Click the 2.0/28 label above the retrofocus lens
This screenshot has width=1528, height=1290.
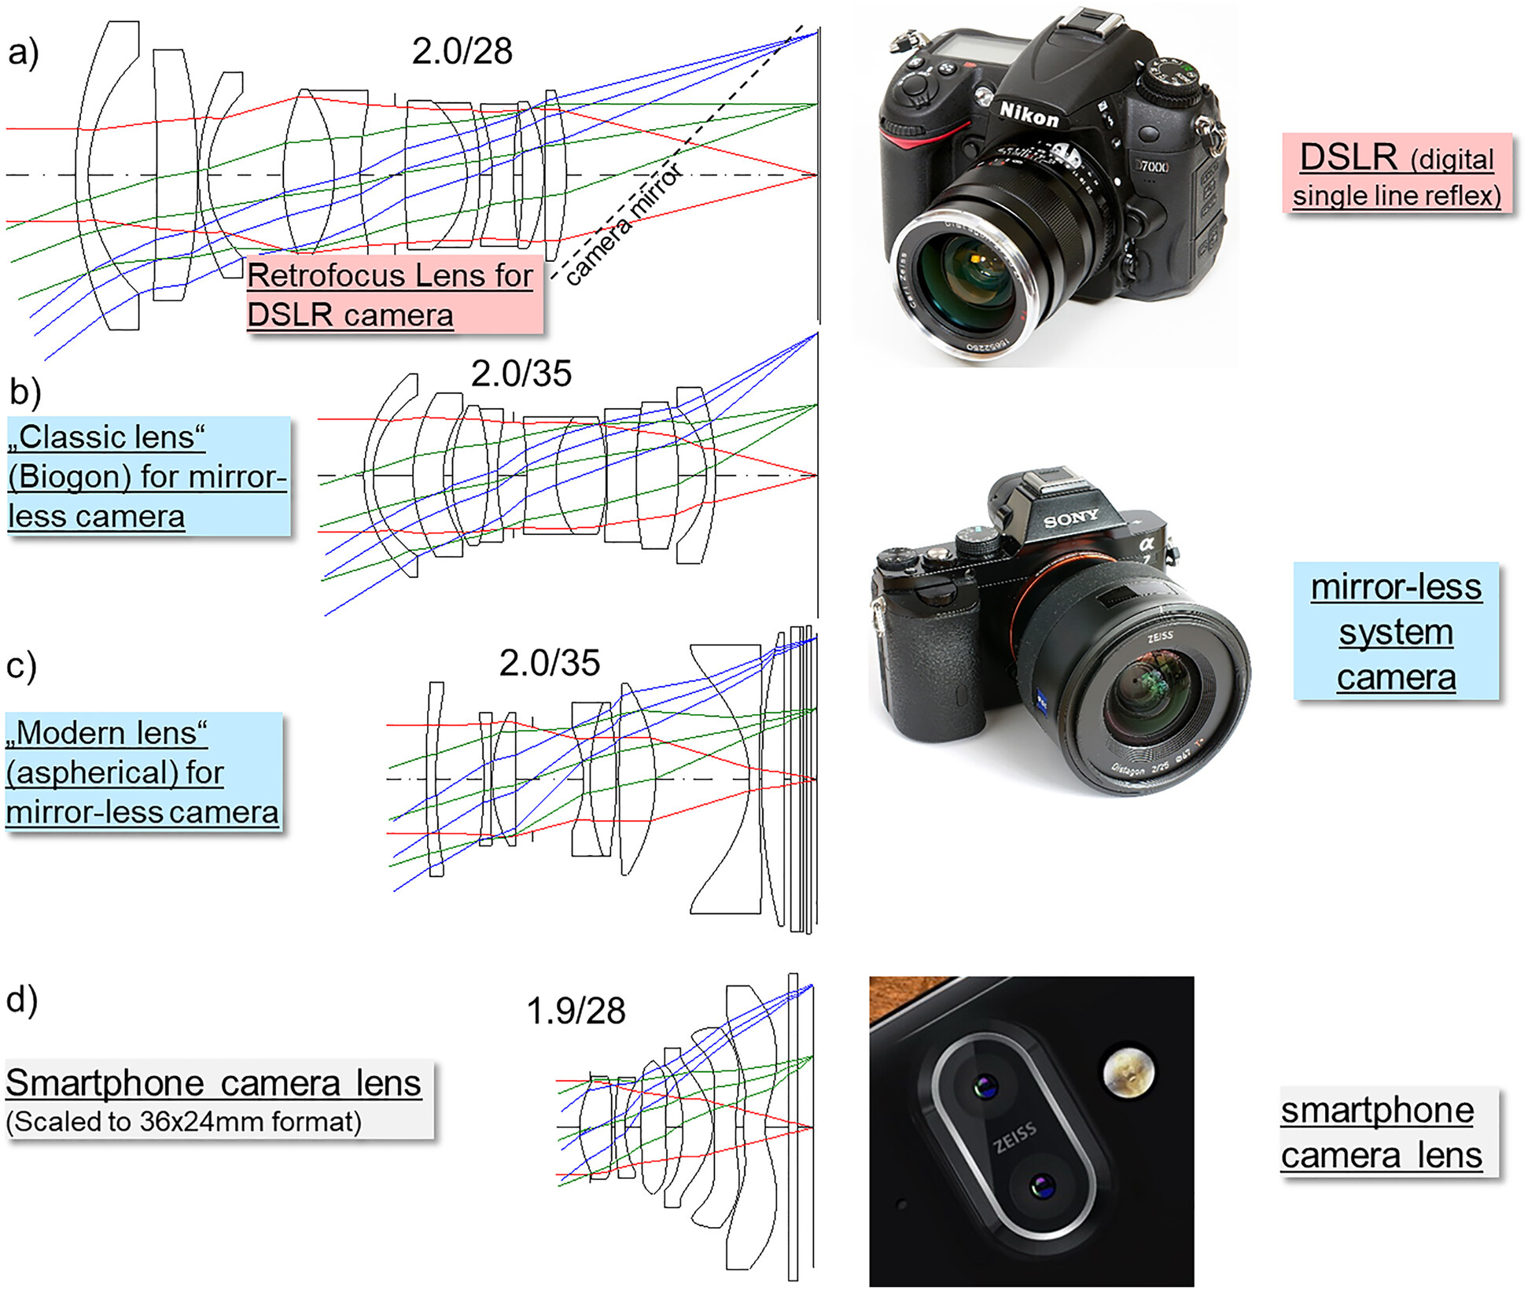[x=462, y=51]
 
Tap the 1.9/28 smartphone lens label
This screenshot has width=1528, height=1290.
[x=576, y=1011]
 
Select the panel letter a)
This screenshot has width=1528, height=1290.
[x=23, y=53]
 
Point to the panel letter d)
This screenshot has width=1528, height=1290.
[x=22, y=1000]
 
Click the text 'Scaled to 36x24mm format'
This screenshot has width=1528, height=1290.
[x=184, y=1122]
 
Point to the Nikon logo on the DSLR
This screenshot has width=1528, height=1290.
[x=1029, y=115]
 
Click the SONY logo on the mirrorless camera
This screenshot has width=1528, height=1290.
[x=1070, y=518]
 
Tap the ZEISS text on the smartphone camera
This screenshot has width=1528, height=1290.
[x=1014, y=1137]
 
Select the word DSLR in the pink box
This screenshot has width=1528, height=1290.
[x=1348, y=157]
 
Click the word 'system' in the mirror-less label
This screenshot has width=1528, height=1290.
[x=1396, y=632]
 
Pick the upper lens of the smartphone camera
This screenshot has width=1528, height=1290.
[x=983, y=1087]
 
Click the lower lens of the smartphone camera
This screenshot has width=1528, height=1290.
[x=1042, y=1185]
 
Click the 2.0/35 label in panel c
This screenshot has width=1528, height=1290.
[x=550, y=663]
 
